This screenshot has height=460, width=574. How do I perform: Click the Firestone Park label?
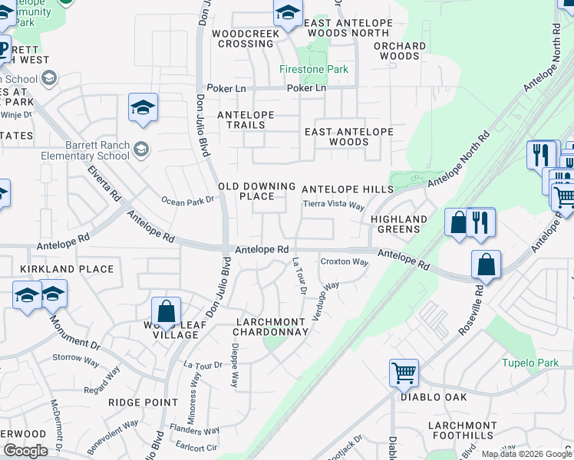(313, 69)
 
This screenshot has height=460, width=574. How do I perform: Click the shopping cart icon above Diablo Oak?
(404, 373)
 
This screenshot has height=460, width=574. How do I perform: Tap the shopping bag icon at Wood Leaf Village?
(166, 312)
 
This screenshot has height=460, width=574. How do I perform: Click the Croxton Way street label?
(344, 261)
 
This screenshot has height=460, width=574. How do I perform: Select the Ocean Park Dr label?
(186, 201)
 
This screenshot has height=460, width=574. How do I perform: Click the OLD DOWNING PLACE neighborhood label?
(257, 191)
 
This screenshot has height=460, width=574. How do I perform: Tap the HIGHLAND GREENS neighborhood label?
(400, 224)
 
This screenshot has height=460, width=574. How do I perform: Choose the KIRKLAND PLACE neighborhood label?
(67, 269)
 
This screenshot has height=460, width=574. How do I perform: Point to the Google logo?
(25, 451)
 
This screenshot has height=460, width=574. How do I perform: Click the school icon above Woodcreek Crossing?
(288, 13)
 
